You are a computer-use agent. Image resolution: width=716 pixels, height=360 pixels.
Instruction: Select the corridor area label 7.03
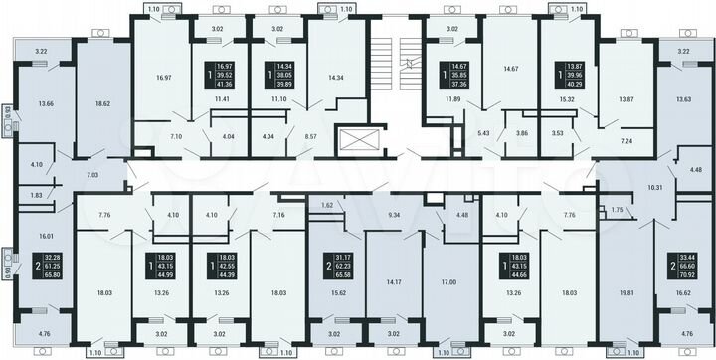(92, 174)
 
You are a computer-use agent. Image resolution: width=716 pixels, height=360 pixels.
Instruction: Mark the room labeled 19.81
(625, 294)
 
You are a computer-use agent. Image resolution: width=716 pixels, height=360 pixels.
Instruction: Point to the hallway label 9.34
(394, 214)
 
